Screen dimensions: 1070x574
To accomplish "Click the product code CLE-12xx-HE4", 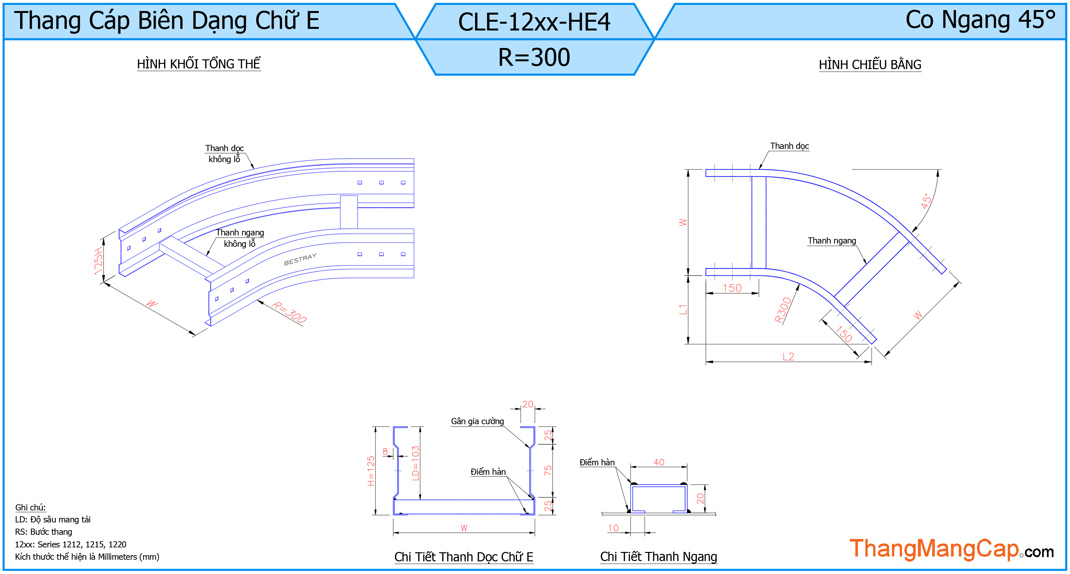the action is point(534,22).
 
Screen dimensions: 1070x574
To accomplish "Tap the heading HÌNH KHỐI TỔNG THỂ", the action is point(199,64).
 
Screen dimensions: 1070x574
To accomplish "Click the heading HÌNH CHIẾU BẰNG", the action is point(870,65).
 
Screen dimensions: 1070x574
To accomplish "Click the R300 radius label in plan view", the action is point(783,310).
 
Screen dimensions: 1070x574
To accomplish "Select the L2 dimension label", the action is point(788,356).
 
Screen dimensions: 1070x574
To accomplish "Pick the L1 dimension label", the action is point(683,309).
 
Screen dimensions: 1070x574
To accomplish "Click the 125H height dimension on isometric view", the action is point(98,261).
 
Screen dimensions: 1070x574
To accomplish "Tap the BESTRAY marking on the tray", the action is point(300,259).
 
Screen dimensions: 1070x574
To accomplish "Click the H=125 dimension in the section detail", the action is point(371,471).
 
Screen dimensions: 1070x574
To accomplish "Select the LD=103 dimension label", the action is point(415,463).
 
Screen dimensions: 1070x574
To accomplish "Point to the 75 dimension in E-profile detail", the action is point(548,470).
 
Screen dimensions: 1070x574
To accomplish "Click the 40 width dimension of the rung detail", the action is point(659,462).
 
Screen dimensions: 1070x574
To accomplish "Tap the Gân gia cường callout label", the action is point(477,421).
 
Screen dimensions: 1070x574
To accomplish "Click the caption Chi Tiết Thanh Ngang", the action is point(659,556).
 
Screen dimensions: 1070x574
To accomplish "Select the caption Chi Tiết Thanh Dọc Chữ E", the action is point(464,556).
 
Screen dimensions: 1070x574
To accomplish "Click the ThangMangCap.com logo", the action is point(952,549).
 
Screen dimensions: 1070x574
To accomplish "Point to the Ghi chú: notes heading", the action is point(30,507).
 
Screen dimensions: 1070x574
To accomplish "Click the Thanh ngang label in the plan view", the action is point(832,241).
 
